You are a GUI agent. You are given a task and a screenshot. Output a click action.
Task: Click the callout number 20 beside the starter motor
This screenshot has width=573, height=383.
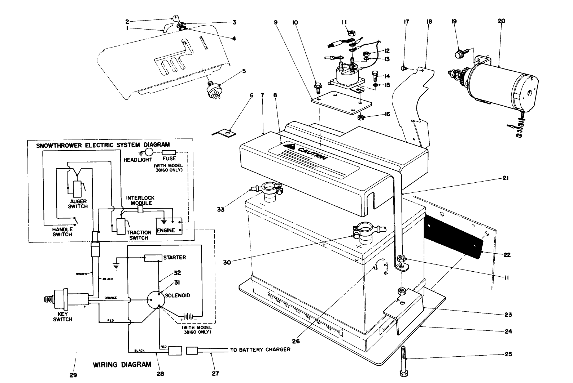pos(501,21)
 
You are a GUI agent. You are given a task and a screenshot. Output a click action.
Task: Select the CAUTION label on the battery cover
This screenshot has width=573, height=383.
pos(309,153)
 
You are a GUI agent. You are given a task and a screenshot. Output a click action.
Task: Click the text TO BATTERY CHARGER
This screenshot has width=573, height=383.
pos(260,350)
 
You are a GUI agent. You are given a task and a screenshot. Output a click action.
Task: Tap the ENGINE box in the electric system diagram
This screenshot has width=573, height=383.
pos(166,230)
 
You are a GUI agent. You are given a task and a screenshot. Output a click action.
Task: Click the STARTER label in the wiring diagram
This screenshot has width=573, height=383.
pos(175,258)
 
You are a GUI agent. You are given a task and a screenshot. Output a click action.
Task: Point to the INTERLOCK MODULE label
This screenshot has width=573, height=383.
pos(140,201)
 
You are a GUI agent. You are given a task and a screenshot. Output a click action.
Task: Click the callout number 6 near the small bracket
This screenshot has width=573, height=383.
pos(252,95)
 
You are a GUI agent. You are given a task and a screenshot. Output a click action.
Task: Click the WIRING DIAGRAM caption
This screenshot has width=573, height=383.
pos(122,365)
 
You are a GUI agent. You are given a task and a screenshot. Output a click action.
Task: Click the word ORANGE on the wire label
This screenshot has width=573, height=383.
pos(110,298)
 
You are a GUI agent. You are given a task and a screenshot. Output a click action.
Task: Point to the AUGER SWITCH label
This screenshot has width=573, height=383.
pos(78,204)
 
